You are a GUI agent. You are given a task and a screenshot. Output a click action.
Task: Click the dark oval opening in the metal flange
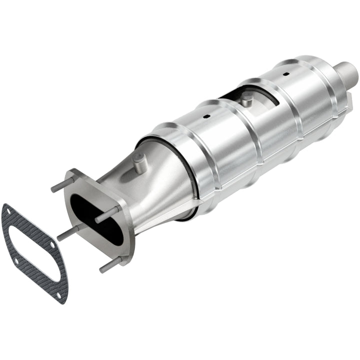95,217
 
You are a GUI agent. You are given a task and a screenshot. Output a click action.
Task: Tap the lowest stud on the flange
111,264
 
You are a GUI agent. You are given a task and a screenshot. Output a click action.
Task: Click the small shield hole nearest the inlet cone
205,117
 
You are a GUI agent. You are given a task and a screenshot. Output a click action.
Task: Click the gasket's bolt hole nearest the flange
51,244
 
